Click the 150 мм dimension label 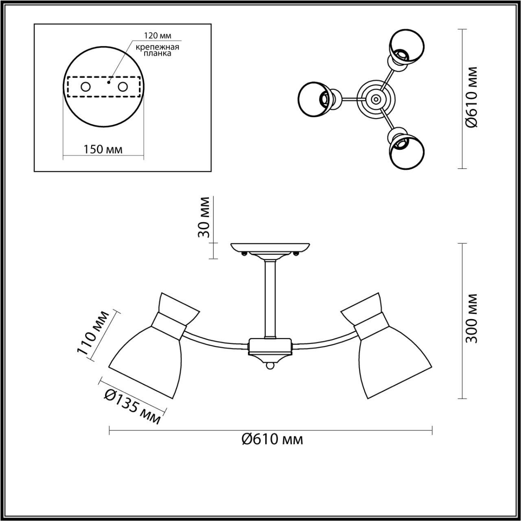pyautogui.click(x=103, y=149)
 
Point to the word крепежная pyautogui.click(x=158, y=46)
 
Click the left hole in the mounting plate pyautogui.click(x=86, y=87)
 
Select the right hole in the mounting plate pyautogui.click(x=123, y=87)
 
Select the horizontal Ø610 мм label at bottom pyautogui.click(x=272, y=439)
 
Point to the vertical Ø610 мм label pyautogui.click(x=471, y=97)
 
